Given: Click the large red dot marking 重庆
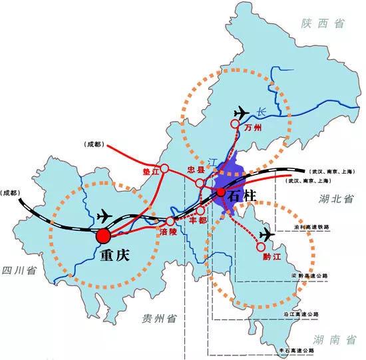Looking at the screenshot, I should [103, 236].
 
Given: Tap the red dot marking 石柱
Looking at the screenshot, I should [220, 192].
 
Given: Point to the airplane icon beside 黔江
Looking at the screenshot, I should [268, 234].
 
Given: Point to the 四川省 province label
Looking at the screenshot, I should [18, 270].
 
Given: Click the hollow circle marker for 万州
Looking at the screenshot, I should [235, 124].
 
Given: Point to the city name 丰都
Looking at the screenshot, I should [198, 219].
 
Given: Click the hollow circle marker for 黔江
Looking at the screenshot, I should [260, 249].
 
